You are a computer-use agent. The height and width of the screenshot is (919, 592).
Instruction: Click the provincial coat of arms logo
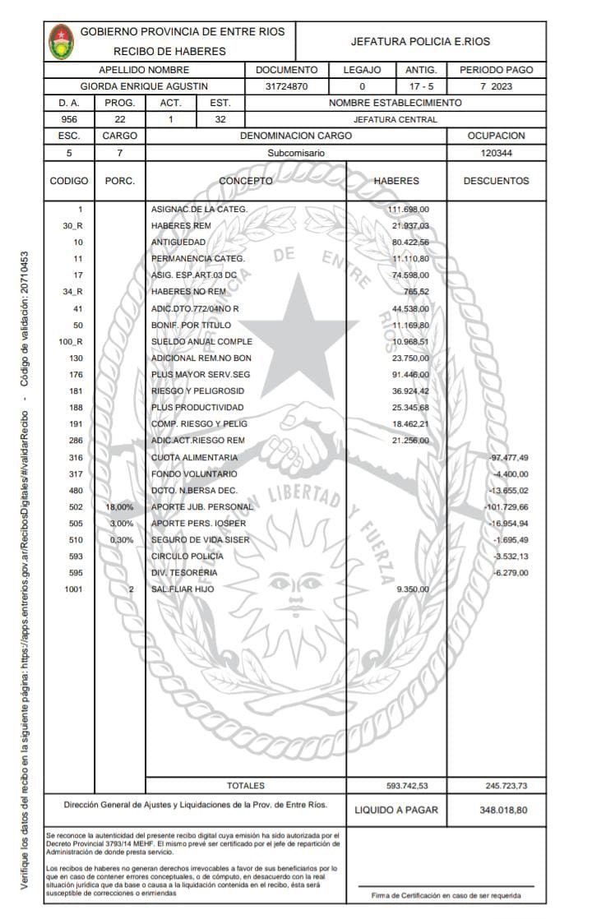[x=62, y=41]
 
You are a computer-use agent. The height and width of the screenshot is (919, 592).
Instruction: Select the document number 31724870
[x=286, y=86]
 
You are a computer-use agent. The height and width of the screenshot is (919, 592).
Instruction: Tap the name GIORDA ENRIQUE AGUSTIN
[x=144, y=86]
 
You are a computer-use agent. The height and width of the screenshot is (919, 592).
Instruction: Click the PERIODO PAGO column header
[x=496, y=70]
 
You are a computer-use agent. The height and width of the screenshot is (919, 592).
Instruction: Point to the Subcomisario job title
[x=296, y=153]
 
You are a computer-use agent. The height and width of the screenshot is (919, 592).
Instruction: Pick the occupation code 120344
[x=496, y=153]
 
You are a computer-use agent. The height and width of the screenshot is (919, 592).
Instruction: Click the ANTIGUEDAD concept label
[x=178, y=242]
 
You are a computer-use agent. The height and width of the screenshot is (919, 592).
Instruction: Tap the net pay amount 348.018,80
[x=502, y=810]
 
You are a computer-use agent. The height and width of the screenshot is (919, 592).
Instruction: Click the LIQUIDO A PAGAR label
[x=396, y=810]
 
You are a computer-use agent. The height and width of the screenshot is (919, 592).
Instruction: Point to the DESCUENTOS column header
[x=496, y=181]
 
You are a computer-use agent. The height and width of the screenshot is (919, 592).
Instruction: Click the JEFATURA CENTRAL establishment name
[x=395, y=119]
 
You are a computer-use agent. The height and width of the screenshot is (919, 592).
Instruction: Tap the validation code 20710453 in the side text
[x=25, y=283]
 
